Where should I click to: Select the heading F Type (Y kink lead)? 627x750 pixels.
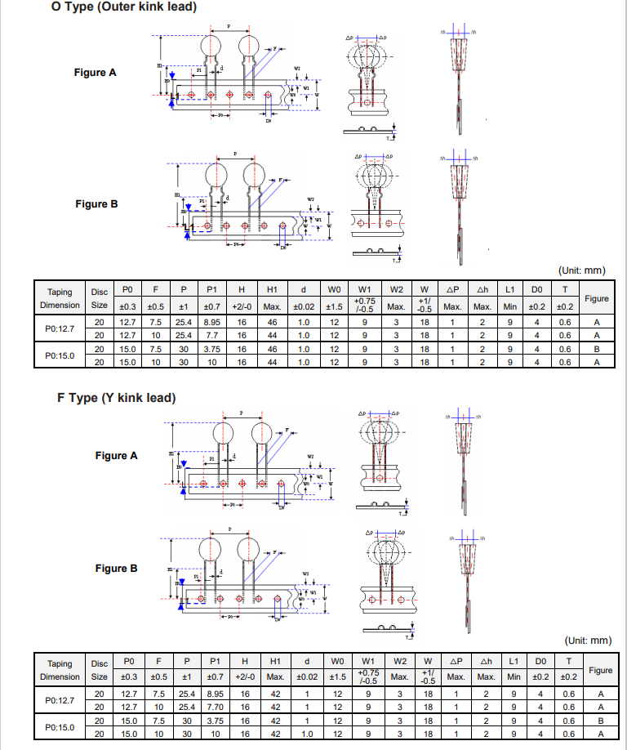(117, 398)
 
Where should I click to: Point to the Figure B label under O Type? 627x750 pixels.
(96, 203)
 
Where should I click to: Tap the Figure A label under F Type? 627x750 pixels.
(116, 455)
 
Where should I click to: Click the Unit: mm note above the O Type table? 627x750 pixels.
(582, 270)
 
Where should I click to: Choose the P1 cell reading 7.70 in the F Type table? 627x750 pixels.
(213, 707)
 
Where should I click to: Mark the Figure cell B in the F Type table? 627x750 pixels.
(600, 721)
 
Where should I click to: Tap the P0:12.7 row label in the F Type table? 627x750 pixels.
(60, 700)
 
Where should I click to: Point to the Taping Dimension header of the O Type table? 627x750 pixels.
(60, 298)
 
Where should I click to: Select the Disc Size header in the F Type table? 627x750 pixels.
(100, 670)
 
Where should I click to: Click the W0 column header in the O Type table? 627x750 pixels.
(334, 289)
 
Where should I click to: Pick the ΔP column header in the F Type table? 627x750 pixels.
(456, 661)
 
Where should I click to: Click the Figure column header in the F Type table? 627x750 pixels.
(600, 670)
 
